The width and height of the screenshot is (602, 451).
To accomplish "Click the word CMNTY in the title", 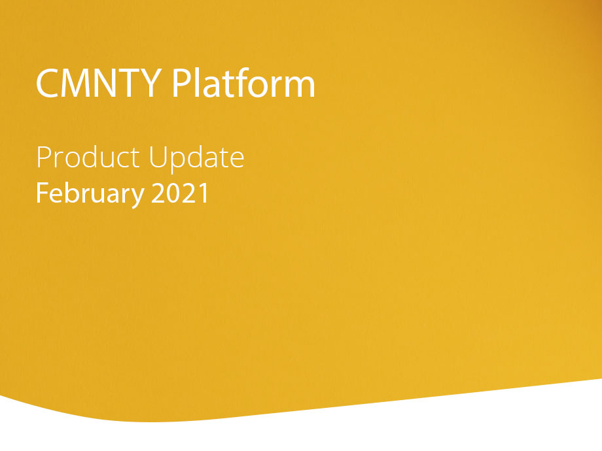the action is click(x=99, y=83).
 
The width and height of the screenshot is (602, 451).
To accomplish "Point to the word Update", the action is click(x=196, y=158).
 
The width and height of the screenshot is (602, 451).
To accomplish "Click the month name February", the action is click(x=90, y=193).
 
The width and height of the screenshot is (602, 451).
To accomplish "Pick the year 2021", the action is click(x=180, y=193).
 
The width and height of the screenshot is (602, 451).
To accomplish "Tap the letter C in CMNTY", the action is click(x=47, y=83).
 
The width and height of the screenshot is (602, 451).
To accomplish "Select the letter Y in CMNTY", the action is click(x=150, y=83).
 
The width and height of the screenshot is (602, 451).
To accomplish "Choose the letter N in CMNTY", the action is click(x=105, y=83).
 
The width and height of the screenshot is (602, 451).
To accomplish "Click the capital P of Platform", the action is click(x=182, y=83).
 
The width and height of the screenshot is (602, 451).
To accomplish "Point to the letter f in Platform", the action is click(x=240, y=82).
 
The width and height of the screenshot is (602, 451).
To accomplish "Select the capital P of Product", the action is click(x=44, y=157).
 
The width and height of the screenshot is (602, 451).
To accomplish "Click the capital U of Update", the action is click(x=158, y=158).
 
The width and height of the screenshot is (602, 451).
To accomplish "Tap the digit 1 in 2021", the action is click(x=204, y=193).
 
